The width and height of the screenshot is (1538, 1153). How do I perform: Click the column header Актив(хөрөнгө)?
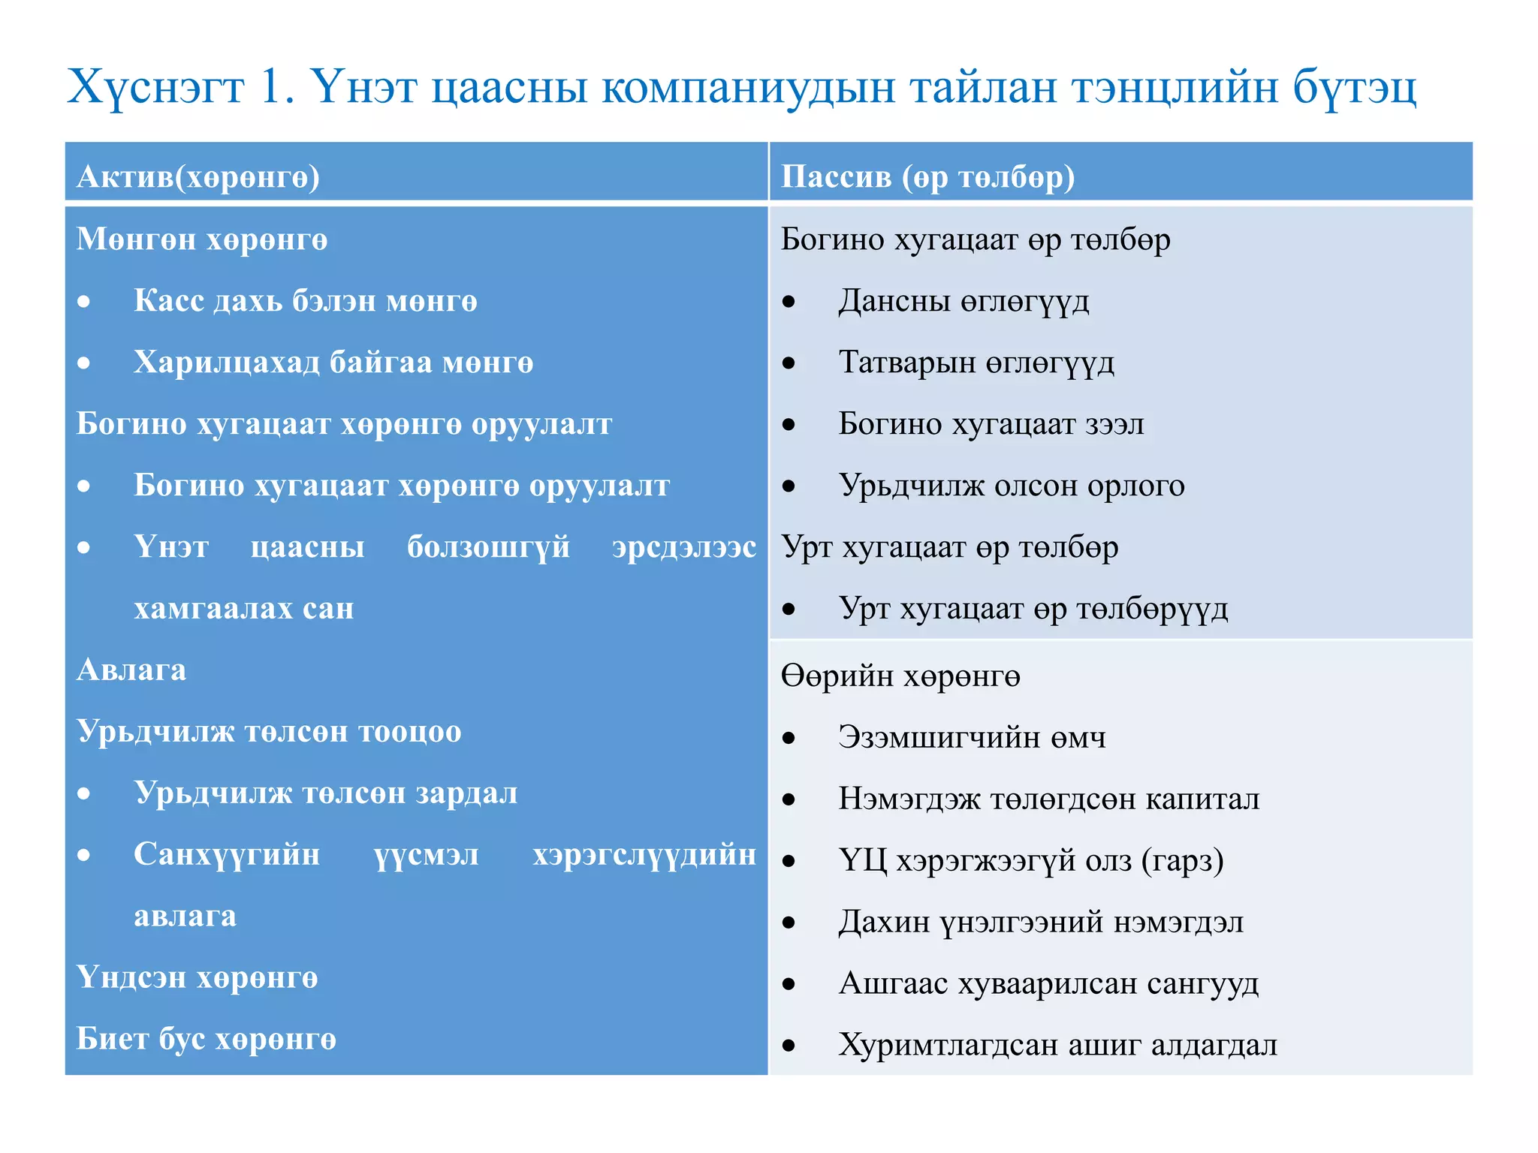click(198, 177)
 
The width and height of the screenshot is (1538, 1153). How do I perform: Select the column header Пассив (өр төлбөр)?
click(927, 177)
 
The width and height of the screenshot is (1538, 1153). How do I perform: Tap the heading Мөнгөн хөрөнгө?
click(202, 239)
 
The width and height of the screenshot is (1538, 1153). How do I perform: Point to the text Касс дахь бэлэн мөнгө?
click(305, 301)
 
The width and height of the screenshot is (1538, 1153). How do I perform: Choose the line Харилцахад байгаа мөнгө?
click(333, 363)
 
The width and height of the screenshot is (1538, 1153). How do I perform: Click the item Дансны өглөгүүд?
click(964, 301)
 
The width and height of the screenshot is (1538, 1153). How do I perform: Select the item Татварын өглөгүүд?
click(976, 363)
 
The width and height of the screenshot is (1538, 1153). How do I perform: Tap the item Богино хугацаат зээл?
click(991, 424)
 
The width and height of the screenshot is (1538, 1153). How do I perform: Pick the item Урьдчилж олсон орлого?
click(1012, 486)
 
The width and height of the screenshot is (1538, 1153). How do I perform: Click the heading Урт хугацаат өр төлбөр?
click(949, 547)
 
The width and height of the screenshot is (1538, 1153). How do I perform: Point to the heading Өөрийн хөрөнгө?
click(900, 676)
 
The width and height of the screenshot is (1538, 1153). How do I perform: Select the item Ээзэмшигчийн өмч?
click(972, 738)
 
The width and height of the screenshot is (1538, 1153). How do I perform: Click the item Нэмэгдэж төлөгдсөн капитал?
click(1048, 799)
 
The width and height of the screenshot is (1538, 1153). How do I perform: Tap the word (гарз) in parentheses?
click(1182, 861)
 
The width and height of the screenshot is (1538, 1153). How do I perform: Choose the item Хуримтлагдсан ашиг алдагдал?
click(1057, 1045)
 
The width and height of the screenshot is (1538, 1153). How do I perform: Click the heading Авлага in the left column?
click(131, 670)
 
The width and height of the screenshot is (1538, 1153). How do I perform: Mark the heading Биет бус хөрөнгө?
click(207, 1040)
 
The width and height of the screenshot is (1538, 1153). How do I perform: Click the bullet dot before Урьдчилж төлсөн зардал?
click(84, 793)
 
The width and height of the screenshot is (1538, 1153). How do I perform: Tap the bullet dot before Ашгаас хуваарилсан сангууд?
click(789, 984)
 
